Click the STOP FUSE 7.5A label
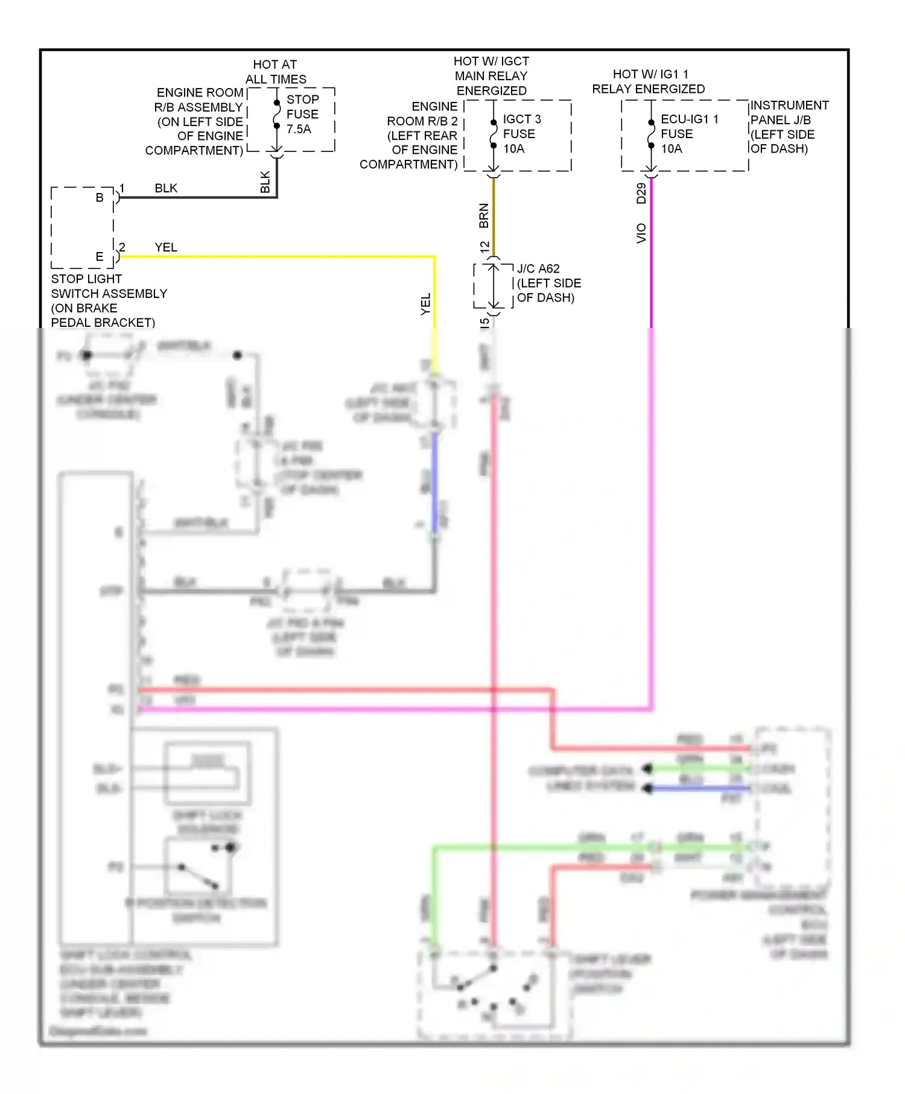point(302,114)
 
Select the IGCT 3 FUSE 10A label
point(521,134)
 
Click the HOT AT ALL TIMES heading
point(275,72)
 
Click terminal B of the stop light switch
point(100,197)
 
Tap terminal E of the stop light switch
point(100,256)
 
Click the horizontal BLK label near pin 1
point(166,188)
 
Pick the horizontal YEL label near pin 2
point(166,247)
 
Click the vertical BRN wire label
point(484,216)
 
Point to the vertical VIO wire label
point(641,233)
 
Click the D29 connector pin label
point(641,193)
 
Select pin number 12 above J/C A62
point(484,247)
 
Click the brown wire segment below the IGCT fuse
point(494,217)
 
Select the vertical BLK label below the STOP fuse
point(265,182)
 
